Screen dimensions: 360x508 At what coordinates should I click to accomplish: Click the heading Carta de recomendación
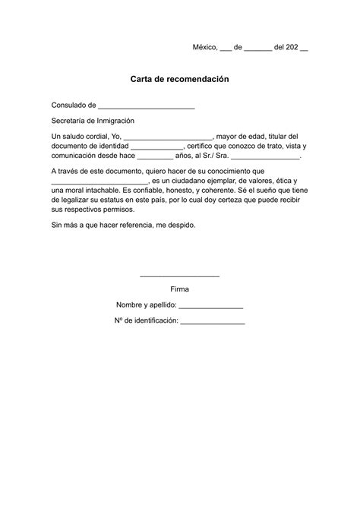point(179,79)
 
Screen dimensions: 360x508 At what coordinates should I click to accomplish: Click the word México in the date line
point(204,47)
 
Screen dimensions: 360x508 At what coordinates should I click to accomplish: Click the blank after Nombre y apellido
point(211,305)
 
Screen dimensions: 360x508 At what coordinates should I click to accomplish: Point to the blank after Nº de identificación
point(213,321)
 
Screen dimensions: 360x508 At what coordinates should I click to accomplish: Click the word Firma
point(180,289)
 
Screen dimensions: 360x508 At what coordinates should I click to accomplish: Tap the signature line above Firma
point(180,275)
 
